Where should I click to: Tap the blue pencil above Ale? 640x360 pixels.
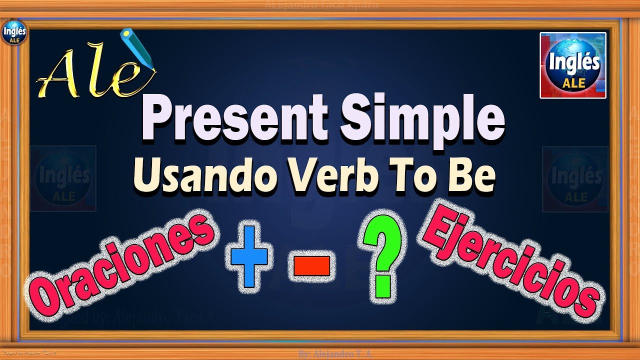tap(138, 50)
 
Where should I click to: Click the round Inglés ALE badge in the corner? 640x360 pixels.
tap(14, 33)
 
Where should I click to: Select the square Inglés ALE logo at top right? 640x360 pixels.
tap(573, 65)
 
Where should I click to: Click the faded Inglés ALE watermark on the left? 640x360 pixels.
tap(63, 178)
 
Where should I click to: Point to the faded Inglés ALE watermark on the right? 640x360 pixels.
tap(575, 179)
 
